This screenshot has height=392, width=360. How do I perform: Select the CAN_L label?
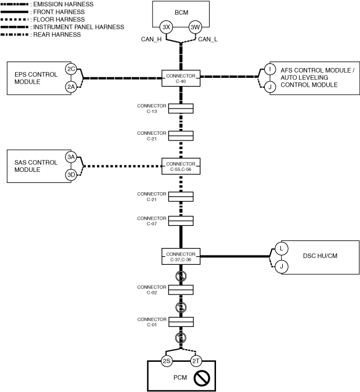(208, 39)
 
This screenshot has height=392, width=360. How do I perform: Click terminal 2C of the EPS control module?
(71, 69)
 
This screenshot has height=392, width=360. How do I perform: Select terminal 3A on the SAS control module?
(71, 157)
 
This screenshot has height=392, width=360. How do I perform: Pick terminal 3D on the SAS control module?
(71, 175)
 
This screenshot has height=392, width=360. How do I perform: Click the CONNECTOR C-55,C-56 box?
(181, 166)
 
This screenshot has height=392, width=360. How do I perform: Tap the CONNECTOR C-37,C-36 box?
(181, 257)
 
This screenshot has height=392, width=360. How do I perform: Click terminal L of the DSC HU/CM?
(280, 248)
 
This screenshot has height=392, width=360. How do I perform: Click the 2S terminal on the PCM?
(167, 361)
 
